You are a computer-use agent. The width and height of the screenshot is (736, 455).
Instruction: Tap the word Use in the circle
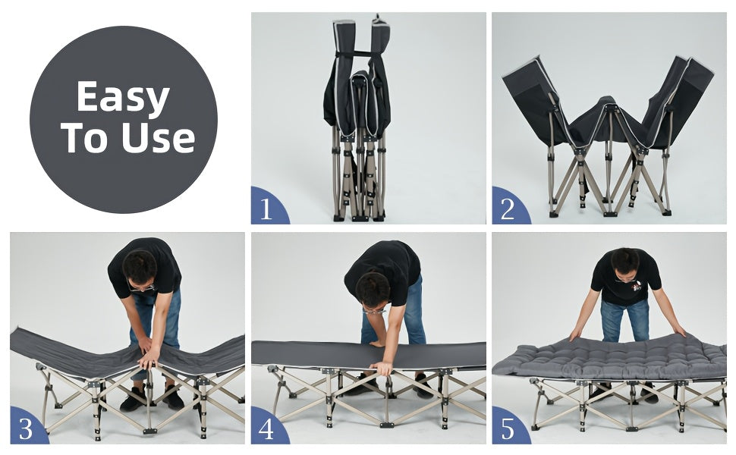point(158,138)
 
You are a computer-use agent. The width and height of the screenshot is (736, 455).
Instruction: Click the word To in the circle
point(85,138)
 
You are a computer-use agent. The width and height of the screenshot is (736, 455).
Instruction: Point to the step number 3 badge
point(27,427)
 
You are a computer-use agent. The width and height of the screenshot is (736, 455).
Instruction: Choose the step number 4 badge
point(268,427)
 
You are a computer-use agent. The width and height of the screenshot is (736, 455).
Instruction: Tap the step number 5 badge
point(509,427)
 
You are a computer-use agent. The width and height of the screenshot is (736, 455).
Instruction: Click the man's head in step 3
point(140,270)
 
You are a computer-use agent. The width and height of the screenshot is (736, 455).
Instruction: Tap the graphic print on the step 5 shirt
point(637,286)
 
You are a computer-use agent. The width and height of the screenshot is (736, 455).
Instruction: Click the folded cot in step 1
point(358,119)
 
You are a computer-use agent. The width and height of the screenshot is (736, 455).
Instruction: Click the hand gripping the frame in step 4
point(382,369)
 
